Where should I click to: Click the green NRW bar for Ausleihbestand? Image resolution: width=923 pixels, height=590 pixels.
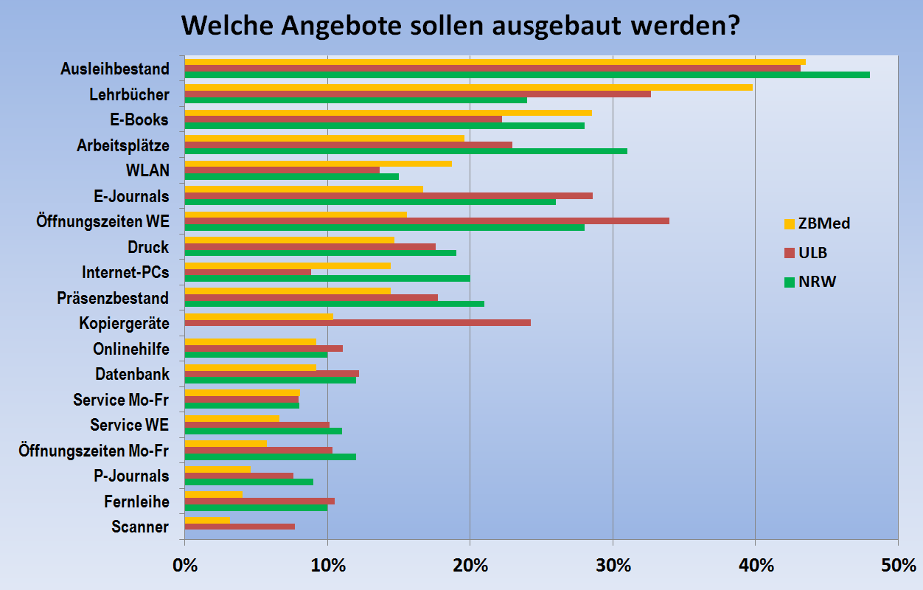[526, 74]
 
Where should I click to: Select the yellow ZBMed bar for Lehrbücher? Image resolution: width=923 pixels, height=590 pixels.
[468, 87]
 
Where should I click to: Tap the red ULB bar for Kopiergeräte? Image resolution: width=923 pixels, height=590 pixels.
[357, 323]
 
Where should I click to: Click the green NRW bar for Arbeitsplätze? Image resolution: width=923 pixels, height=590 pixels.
[405, 151]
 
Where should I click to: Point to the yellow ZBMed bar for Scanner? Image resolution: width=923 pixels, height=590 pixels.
[206, 520]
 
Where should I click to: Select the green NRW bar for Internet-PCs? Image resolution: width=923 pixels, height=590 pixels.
[327, 278]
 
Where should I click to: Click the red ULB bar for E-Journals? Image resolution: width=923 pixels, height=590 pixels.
[388, 195]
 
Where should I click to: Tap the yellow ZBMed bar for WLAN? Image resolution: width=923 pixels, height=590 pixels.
[318, 164]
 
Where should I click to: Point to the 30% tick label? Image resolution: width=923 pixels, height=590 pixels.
[613, 566]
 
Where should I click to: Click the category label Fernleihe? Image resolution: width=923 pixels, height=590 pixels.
[136, 502]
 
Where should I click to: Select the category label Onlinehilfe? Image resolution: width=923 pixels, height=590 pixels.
[130, 349]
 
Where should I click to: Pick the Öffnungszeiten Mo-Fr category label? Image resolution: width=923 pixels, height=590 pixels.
[94, 451]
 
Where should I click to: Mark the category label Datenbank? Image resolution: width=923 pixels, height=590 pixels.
[132, 375]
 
